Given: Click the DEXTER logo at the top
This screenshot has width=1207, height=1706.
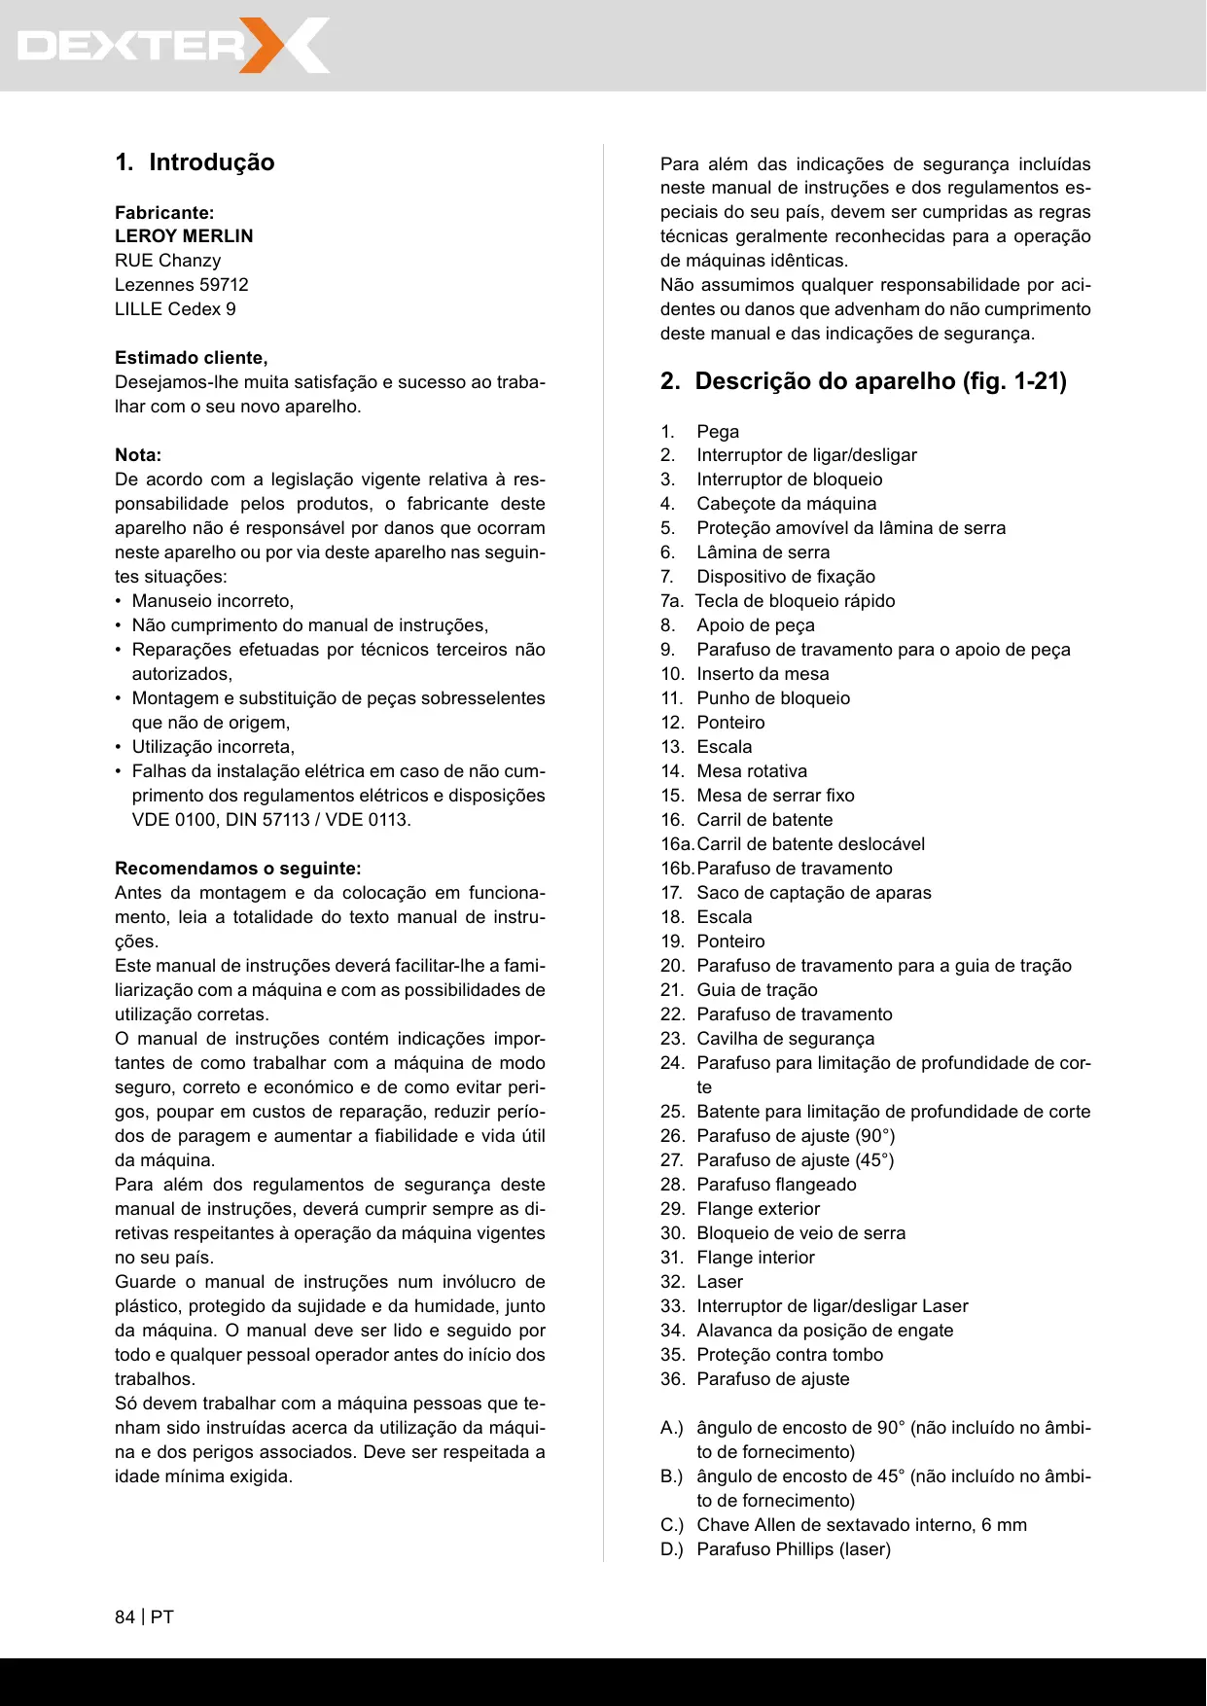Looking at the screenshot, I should tap(173, 46).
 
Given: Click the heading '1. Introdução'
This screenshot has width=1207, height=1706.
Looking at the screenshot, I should tap(195, 162).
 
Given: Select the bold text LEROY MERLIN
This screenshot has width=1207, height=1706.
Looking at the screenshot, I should tap(184, 236).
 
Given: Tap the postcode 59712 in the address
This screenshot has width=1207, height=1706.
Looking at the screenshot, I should tap(224, 285).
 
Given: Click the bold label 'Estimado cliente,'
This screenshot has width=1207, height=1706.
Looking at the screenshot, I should tap(192, 358).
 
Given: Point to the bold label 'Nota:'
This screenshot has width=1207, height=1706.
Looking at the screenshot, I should tap(138, 455).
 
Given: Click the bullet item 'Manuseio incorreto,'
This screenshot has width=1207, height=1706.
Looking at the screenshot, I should tap(212, 601).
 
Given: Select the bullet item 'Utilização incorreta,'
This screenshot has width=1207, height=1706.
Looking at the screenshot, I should tap(213, 747).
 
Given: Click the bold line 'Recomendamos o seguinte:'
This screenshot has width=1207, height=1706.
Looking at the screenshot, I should tap(237, 869).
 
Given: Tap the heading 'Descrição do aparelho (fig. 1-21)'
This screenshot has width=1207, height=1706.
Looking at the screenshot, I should tap(879, 381).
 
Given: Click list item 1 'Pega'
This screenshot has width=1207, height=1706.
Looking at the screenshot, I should tap(718, 432).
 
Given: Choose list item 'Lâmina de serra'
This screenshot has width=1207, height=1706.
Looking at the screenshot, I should tap(763, 552).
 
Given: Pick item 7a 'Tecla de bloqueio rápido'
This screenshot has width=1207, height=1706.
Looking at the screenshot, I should tap(795, 601).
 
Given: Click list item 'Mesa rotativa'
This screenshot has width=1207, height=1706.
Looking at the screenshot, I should tap(752, 771).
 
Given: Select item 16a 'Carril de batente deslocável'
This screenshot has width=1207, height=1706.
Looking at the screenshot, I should tap(810, 844).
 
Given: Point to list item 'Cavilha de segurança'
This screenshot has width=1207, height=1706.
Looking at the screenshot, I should tap(785, 1039).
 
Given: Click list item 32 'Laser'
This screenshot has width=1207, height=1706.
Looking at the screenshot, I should tap(720, 1282).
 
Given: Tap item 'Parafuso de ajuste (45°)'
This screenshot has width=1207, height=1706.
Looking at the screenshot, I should tap(795, 1160).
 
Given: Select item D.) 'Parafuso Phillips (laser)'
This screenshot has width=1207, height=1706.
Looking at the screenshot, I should tap(794, 1549).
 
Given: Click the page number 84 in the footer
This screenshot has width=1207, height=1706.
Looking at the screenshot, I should tap(124, 1617).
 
